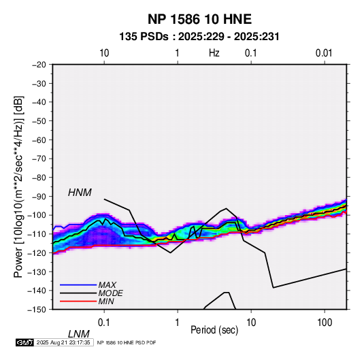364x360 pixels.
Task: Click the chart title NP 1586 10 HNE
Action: pos(199,19)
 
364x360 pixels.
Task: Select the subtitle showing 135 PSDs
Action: pos(199,37)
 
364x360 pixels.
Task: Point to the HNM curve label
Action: pos(80,193)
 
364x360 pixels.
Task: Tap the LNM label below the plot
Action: pos(79,334)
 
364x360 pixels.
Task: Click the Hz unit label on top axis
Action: pos(214,53)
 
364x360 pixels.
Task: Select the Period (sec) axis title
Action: pos(214,330)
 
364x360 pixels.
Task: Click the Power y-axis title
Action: pos(18,186)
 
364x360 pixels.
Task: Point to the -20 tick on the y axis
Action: pos(39,65)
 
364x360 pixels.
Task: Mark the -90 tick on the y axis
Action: pos(39,196)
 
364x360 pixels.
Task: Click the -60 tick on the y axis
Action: pos(39,140)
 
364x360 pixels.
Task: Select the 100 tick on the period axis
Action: pos(325,323)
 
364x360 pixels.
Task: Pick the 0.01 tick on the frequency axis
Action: pos(324,53)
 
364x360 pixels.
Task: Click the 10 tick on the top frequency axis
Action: pos(104,53)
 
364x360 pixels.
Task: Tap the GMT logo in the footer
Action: pos(25,342)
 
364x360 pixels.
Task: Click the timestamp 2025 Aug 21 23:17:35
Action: pos(63,342)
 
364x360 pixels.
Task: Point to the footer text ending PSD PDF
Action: pos(127,342)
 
